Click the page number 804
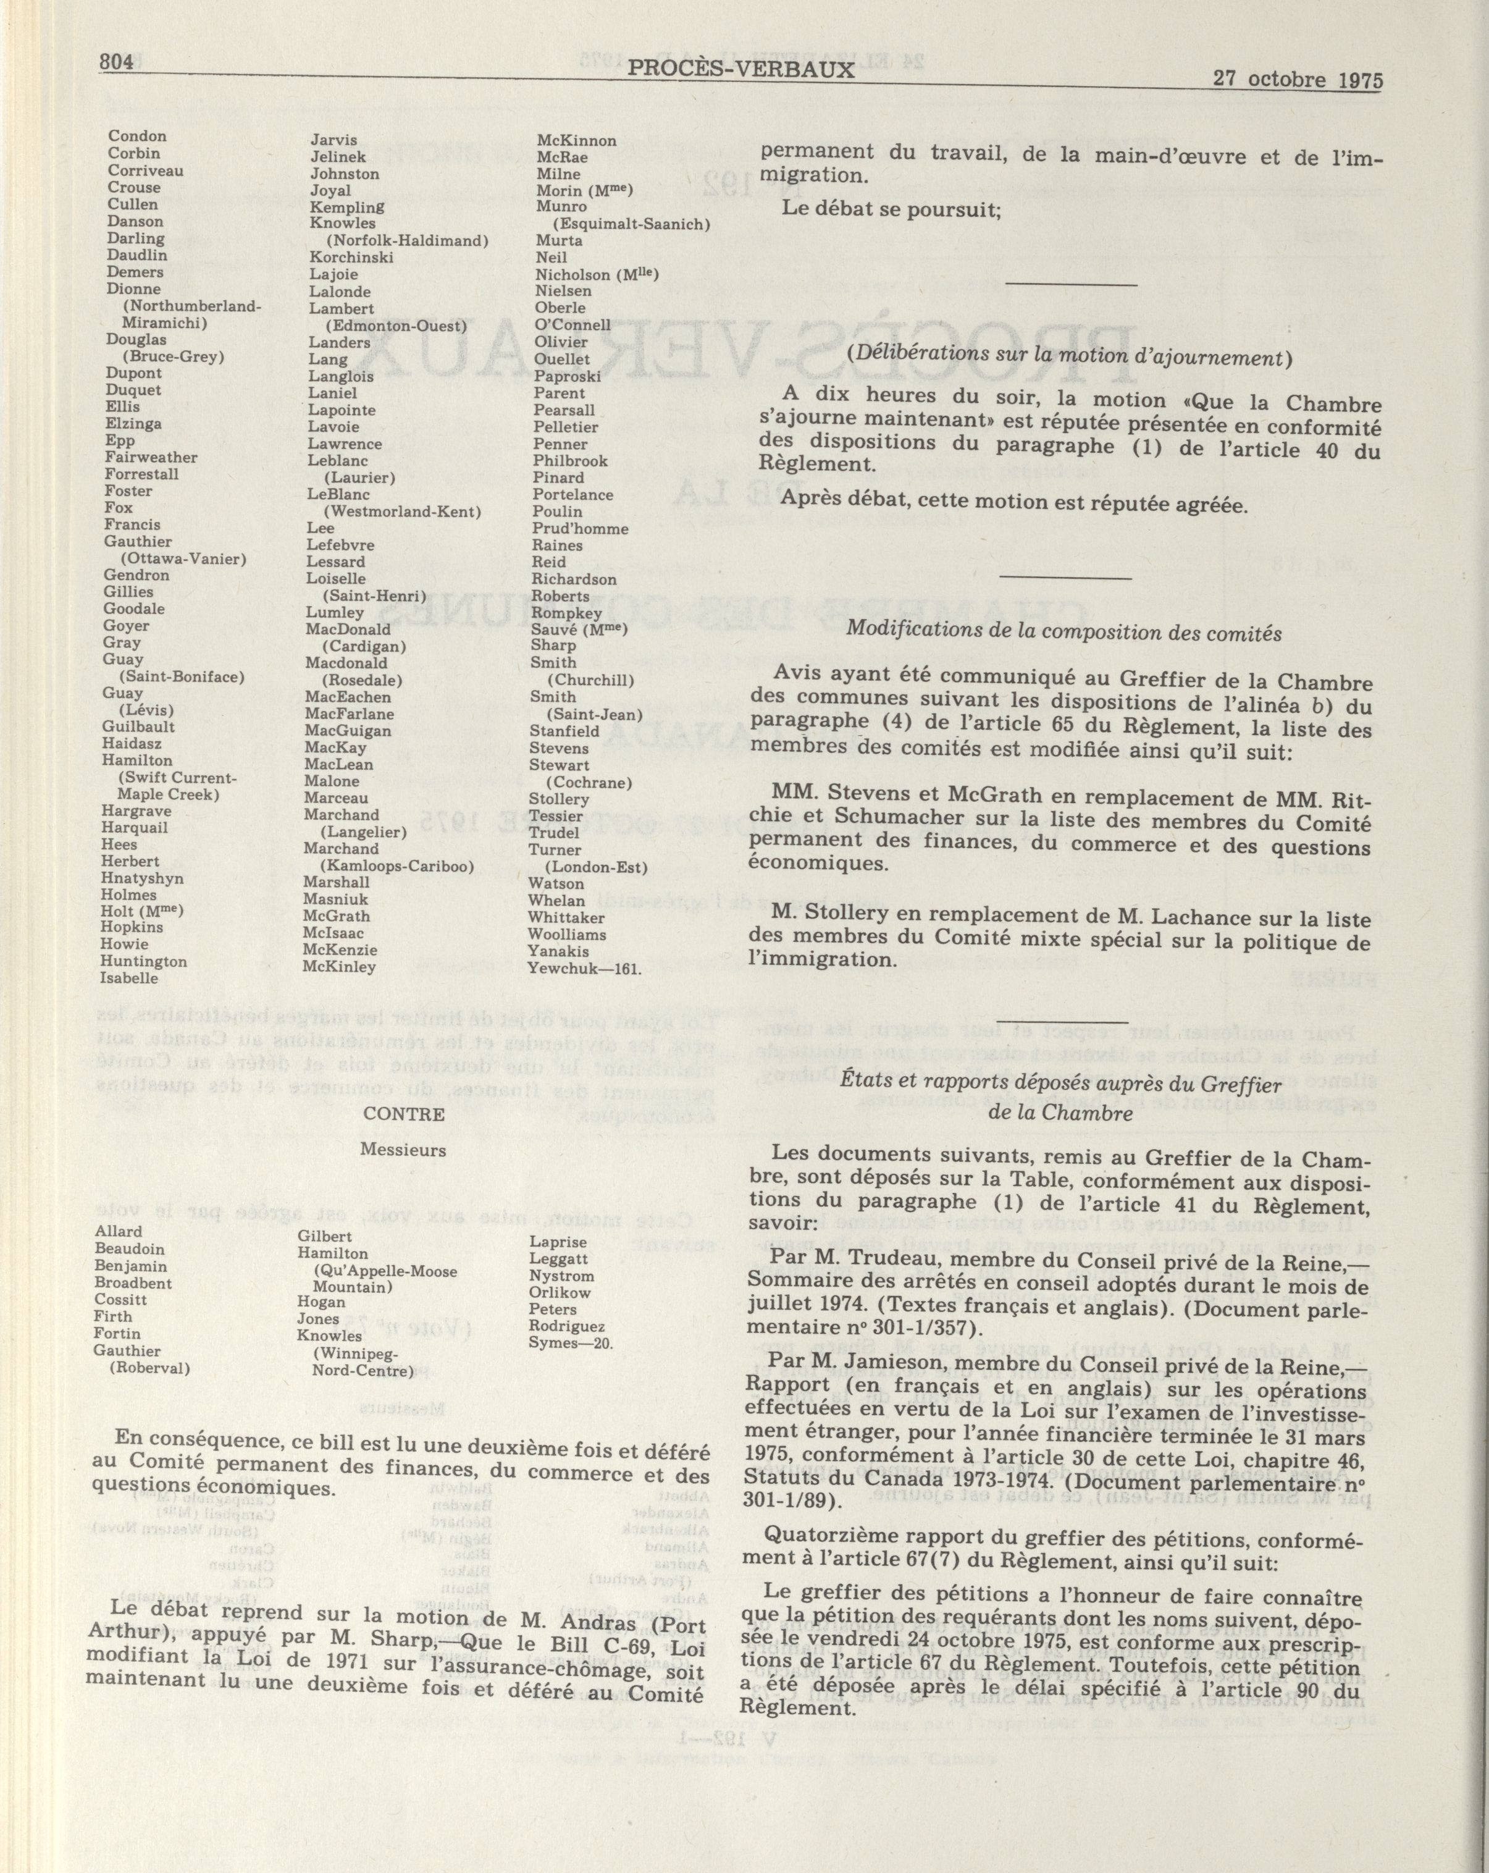[x=115, y=62]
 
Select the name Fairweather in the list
[x=151, y=457]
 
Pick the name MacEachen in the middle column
[x=348, y=697]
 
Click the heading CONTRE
[x=404, y=1114]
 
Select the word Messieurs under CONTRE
[x=403, y=1150]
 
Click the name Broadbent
[x=133, y=1282]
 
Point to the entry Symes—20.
[x=571, y=1342]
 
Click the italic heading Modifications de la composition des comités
[x=1063, y=631]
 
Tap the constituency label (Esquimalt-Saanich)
[x=632, y=224]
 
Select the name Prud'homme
[x=581, y=528]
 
